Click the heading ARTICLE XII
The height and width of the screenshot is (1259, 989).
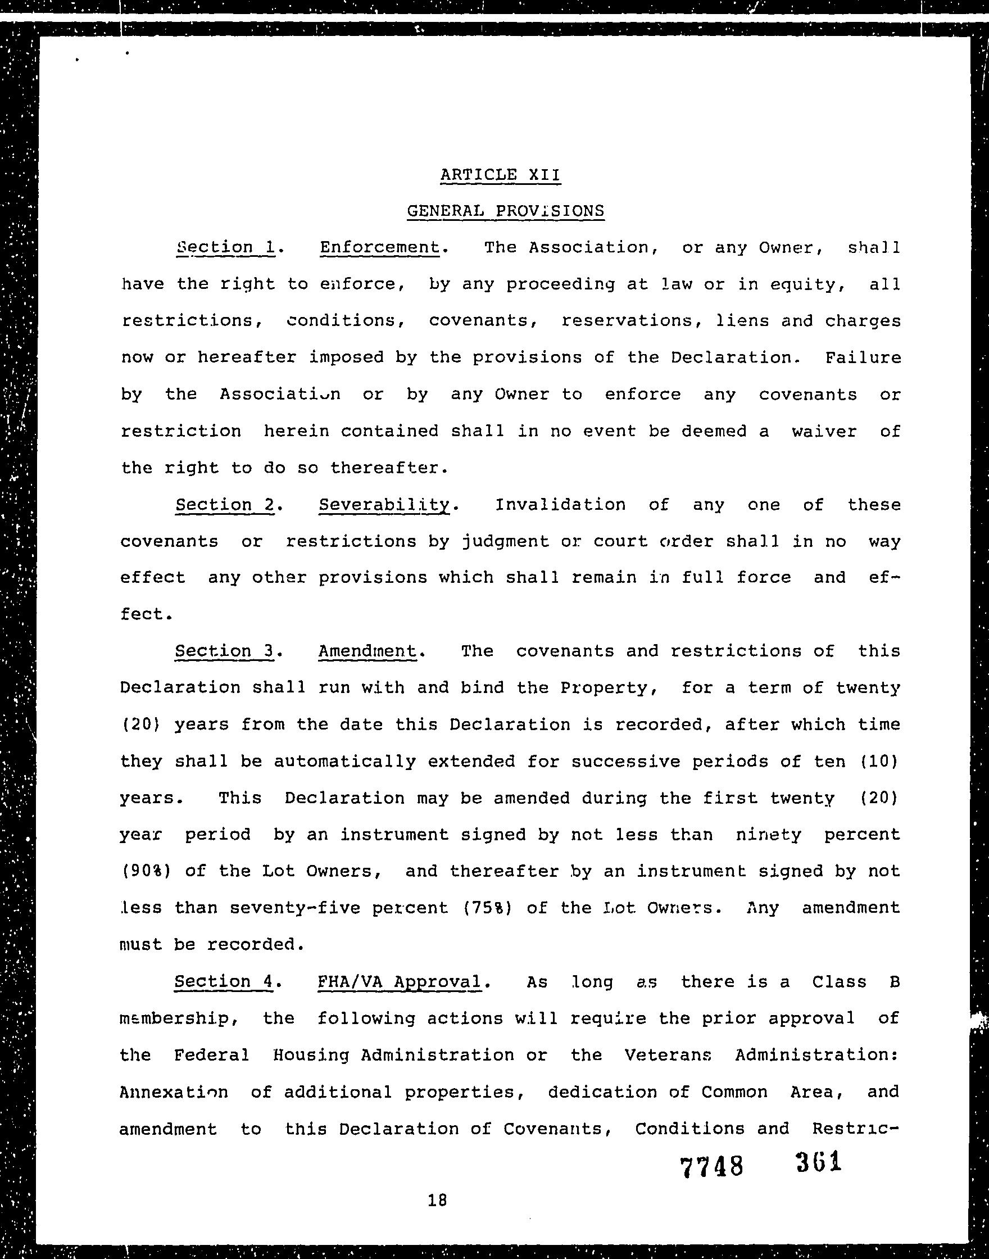500,174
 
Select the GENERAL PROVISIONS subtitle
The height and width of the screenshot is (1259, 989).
506,211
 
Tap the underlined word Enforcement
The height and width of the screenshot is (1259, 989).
380,247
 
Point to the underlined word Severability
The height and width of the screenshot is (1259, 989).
384,504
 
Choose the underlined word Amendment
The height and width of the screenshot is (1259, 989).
367,651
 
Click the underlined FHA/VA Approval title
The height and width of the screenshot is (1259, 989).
400,981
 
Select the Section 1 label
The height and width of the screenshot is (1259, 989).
225,247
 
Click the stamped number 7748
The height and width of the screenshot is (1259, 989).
711,1166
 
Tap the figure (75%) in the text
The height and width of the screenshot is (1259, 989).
488,908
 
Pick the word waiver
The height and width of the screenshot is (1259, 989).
824,431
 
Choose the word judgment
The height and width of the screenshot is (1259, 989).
496,541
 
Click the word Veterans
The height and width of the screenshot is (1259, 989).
668,1054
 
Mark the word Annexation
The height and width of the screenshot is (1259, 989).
174,1092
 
